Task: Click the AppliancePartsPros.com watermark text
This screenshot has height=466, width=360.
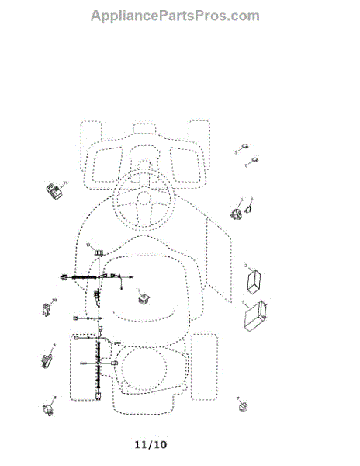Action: point(175,16)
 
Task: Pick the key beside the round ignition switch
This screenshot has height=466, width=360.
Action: point(250,207)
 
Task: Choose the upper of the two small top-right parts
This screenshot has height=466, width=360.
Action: point(243,148)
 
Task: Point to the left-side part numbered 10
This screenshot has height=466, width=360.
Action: point(47,310)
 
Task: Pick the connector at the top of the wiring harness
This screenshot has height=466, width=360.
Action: point(99,251)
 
